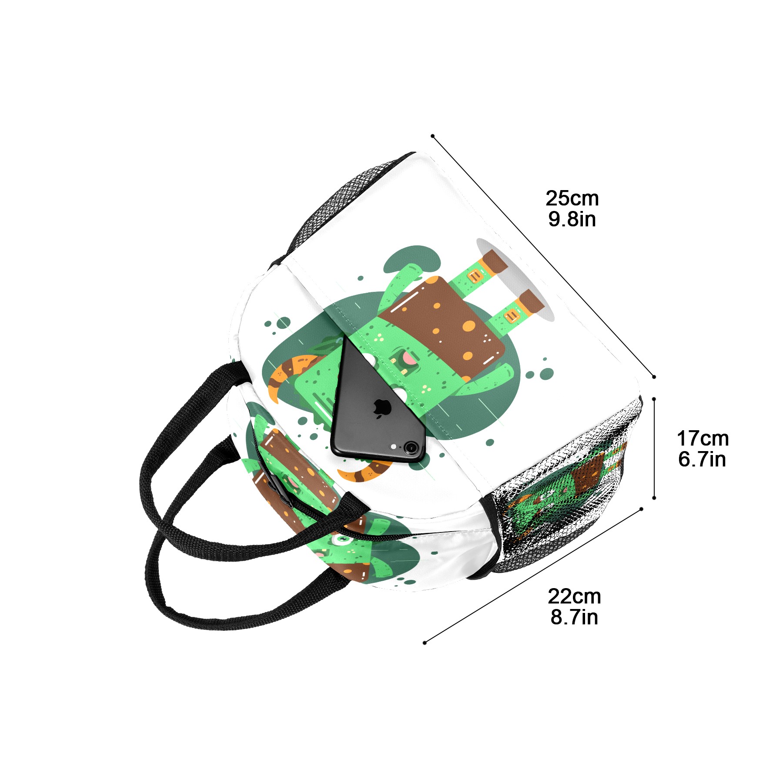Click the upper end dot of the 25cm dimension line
pos(433,136)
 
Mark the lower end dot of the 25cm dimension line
pos(654,377)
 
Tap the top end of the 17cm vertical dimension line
pos(654,398)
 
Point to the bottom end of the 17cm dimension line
pos(654,498)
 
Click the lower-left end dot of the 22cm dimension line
pos(425,643)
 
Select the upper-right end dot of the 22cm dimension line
pos(641,509)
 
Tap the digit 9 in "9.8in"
pos(554,219)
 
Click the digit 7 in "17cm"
pos(693,438)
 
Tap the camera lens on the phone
pos(410,447)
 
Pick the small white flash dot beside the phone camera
pos(394,447)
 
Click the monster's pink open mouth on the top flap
pos(409,358)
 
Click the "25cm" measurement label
pos(572,198)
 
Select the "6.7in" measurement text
pos(702,459)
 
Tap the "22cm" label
pos(574,596)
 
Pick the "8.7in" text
pos(574,617)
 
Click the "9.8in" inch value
pos(572,219)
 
